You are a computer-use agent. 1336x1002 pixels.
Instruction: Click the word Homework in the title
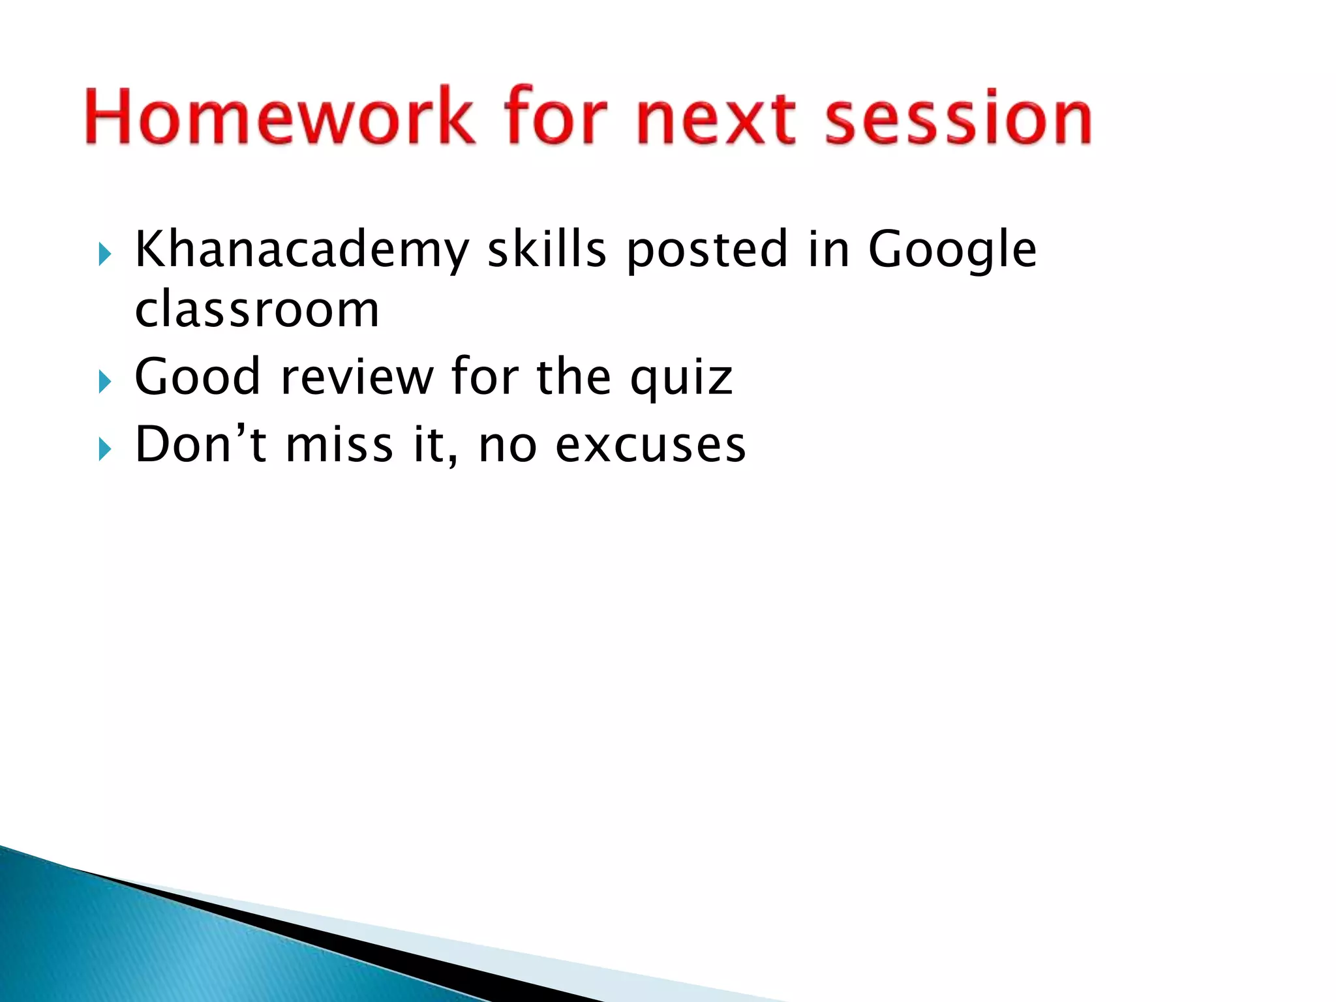point(279,116)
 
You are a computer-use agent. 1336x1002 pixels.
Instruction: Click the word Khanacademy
point(301,250)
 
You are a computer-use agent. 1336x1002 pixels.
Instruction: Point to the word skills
point(547,249)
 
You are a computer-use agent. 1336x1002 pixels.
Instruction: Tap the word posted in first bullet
point(707,250)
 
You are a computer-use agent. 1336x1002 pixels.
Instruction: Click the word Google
point(951,250)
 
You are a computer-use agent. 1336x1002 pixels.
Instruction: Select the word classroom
point(257,309)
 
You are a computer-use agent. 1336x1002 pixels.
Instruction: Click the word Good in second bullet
point(197,377)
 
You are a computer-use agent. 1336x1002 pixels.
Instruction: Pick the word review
point(357,377)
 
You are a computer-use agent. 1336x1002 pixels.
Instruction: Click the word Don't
point(200,445)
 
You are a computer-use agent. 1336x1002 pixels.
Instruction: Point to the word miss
point(339,445)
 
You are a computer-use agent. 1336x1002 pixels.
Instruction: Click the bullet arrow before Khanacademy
point(105,254)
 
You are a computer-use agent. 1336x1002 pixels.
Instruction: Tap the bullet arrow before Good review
point(105,382)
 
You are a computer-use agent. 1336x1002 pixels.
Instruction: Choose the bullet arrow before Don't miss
point(105,449)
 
